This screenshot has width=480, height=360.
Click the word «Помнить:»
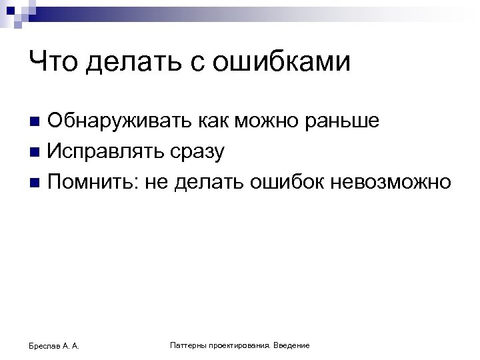tap(91, 181)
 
